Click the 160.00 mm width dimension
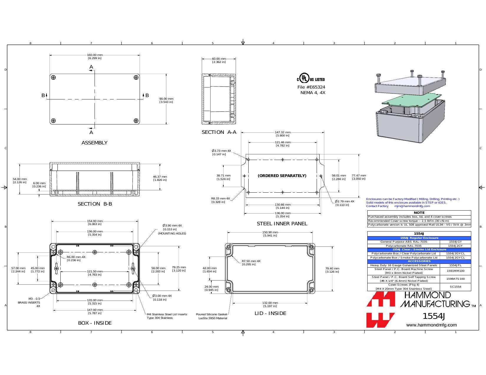95,56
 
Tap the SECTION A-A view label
219,132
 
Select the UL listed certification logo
311,78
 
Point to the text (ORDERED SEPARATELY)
282,176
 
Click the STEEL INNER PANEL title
282,224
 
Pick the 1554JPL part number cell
455,265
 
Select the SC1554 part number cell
455,287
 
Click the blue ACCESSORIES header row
419,261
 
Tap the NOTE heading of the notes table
419,213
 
